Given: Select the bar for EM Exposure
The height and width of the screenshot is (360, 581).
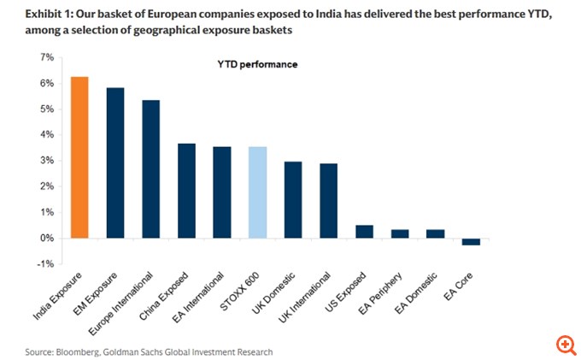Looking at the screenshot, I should click(x=115, y=162).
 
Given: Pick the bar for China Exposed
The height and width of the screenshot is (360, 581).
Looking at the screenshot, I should click(x=186, y=191).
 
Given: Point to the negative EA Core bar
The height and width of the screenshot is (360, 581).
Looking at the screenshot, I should click(x=471, y=241).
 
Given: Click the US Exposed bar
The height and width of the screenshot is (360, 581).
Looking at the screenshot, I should click(x=364, y=232).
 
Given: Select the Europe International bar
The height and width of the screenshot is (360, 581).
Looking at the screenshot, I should click(x=150, y=169).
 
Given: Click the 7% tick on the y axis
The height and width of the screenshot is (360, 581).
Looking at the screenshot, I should click(x=47, y=57).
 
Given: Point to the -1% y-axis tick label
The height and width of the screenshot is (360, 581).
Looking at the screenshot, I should click(x=45, y=263).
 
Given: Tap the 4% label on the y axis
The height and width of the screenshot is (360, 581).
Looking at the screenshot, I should click(x=47, y=134).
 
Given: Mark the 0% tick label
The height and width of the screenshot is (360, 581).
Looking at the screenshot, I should click(x=47, y=238).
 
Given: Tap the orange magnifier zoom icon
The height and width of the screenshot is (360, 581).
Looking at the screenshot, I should click(x=565, y=345).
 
